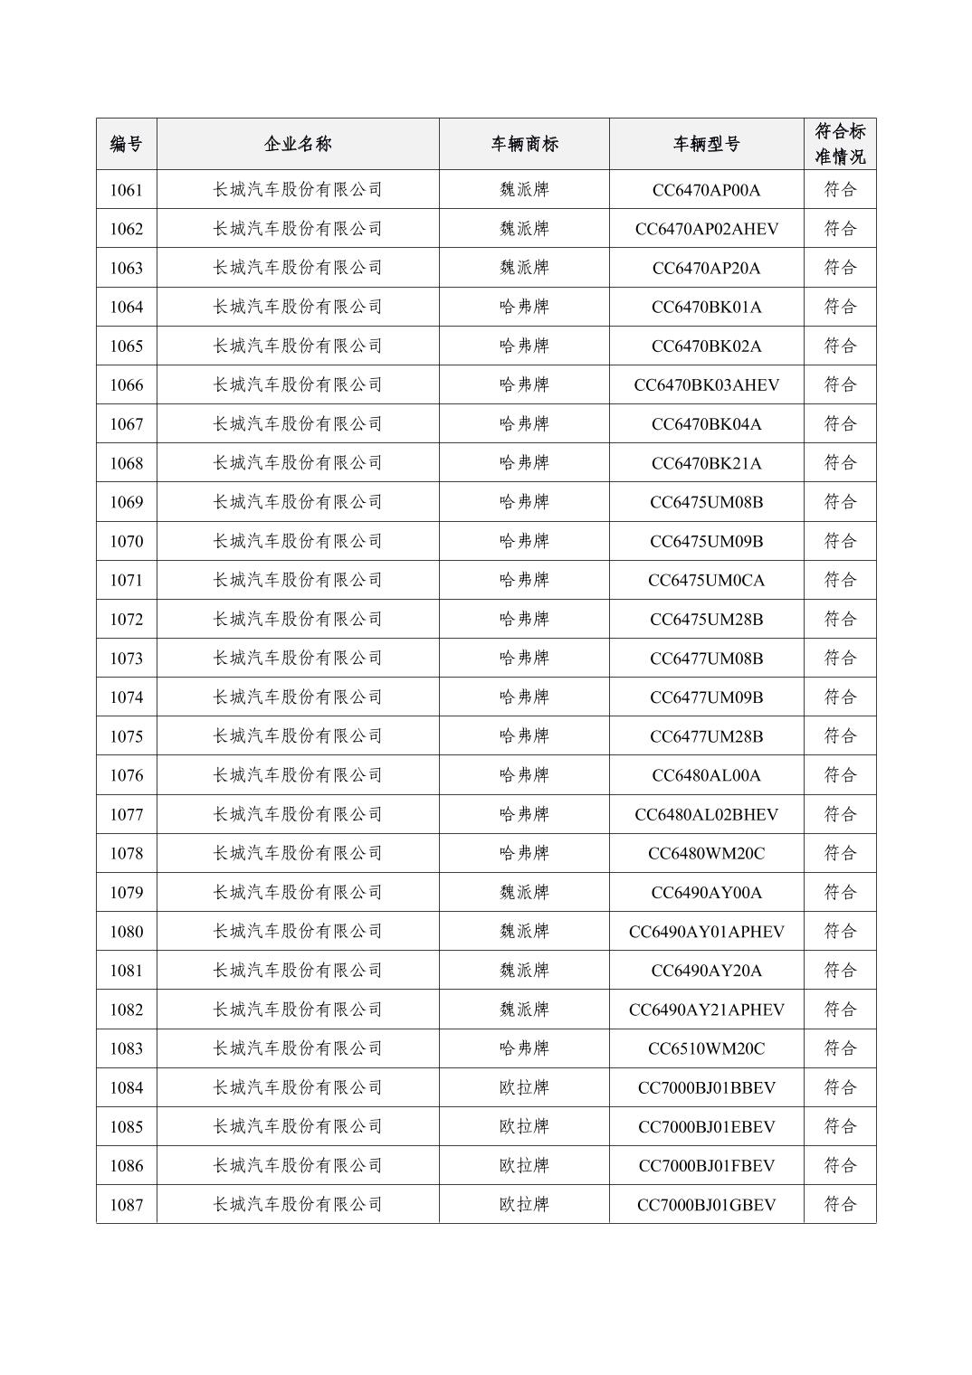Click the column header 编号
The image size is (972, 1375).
click(126, 144)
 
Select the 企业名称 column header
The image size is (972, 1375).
click(298, 144)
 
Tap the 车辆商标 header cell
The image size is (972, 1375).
click(524, 144)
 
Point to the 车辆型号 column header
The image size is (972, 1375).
click(706, 144)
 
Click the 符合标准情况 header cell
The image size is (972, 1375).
click(840, 144)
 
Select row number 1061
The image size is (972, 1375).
click(126, 190)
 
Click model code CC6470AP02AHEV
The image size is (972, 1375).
click(706, 229)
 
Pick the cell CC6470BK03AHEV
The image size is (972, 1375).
click(706, 385)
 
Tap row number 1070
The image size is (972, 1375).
click(126, 541)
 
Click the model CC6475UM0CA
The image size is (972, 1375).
click(706, 580)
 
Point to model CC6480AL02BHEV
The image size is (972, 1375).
click(706, 814)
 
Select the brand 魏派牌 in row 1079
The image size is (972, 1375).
click(524, 892)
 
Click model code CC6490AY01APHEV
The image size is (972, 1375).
click(706, 932)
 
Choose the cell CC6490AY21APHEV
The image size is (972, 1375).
click(706, 1010)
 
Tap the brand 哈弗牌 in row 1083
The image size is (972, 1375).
click(524, 1048)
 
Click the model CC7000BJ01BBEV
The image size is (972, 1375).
click(706, 1087)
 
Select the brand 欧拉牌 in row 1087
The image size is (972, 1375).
click(524, 1204)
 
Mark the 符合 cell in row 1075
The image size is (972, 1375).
click(840, 736)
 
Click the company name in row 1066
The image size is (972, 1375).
click(298, 385)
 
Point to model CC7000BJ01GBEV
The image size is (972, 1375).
click(706, 1204)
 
